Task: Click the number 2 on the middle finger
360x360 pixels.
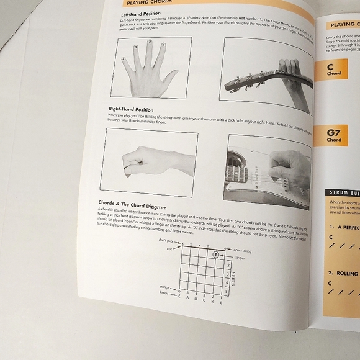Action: point(150,42)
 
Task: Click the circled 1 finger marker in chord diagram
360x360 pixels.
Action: point(215,254)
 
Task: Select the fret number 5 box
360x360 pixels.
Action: point(228,291)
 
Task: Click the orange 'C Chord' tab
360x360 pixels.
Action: point(335,70)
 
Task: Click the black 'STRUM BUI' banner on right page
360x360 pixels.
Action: point(342,192)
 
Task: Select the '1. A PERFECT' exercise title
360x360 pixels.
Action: point(343,227)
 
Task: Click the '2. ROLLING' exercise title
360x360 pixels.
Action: point(344,273)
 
